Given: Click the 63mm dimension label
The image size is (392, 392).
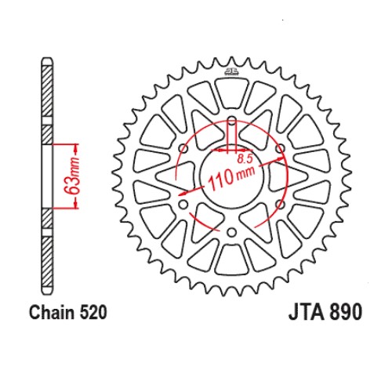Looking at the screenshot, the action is pyautogui.click(x=72, y=176).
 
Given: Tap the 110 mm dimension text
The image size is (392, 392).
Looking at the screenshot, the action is pyautogui.click(x=231, y=177).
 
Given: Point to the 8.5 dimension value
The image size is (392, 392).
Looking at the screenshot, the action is pyautogui.click(x=245, y=159).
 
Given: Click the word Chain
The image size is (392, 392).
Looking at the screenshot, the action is pyautogui.click(x=53, y=312).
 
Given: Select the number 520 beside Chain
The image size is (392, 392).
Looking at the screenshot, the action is pyautogui.click(x=93, y=313).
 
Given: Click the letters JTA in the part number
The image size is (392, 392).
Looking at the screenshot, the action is pyautogui.click(x=307, y=312).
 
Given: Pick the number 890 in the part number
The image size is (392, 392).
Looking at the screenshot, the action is pyautogui.click(x=346, y=312).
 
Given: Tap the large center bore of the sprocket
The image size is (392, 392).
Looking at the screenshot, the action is pyautogui.click(x=231, y=176).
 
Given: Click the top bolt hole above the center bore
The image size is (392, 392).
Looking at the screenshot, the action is pyautogui.click(x=231, y=122).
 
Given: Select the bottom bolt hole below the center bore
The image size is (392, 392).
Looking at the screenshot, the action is pyautogui.click(x=231, y=232).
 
